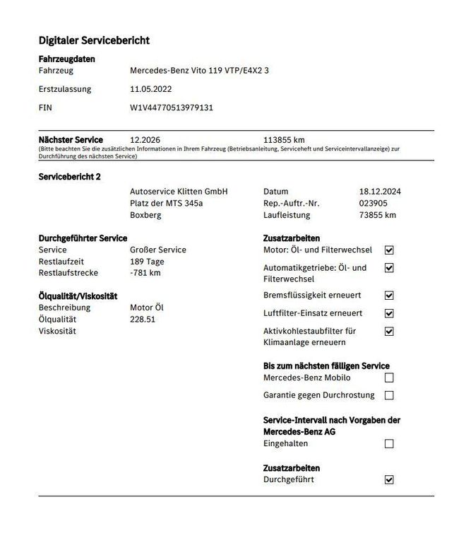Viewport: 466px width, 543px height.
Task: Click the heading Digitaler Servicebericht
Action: point(94,40)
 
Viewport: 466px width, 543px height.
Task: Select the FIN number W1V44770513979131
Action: point(172,108)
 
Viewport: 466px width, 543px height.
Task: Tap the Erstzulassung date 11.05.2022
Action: point(150,90)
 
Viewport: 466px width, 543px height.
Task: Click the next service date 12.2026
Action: point(145,140)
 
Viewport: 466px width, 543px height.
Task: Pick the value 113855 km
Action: point(284,140)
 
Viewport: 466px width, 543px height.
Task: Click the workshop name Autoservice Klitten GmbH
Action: point(179,192)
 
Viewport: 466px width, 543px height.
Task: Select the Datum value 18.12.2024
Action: point(380,192)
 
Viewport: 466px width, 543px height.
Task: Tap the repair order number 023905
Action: point(374,203)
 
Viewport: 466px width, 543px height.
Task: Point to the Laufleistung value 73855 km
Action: point(378,215)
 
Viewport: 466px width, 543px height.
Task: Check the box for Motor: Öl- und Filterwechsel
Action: point(389,250)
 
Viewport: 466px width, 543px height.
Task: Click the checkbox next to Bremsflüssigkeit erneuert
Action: point(389,296)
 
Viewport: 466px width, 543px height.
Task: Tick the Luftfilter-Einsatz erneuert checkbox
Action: point(389,313)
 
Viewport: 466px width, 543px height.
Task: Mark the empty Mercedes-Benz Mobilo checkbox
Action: point(389,378)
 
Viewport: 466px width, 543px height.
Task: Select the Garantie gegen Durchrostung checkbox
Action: point(389,396)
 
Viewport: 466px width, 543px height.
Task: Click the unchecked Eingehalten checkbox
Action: point(389,444)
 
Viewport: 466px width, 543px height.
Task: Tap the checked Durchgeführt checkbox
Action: point(389,480)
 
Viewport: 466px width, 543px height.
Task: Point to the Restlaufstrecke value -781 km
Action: point(145,273)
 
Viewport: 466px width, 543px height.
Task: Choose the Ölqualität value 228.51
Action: point(143,320)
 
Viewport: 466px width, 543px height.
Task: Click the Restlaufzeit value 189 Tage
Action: point(147,262)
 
